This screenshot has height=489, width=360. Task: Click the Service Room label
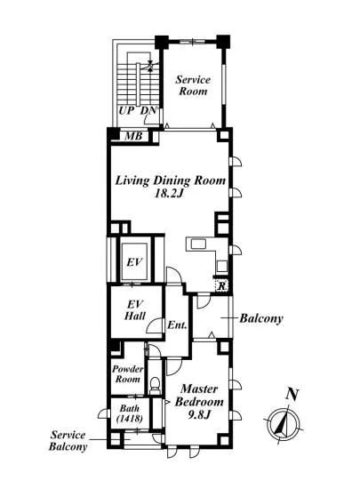click(193, 85)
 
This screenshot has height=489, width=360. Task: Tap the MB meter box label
click(133, 136)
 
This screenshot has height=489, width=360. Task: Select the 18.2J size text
click(169, 194)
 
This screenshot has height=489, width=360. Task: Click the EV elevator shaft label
click(134, 262)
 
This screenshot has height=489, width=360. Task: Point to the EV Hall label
click(135, 309)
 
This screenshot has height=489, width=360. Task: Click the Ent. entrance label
click(177, 325)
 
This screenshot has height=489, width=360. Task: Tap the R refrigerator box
click(221, 285)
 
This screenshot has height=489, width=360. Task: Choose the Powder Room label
click(128, 374)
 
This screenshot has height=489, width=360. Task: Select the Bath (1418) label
click(130, 413)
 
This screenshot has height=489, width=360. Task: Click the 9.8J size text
click(199, 415)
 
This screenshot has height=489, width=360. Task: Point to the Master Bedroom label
click(199, 395)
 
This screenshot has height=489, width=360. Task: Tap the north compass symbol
click(284, 424)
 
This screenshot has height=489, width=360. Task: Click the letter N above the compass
click(292, 395)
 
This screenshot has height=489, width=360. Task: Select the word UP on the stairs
click(126, 110)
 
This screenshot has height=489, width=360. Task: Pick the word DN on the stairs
click(148, 110)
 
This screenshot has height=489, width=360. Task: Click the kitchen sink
click(198, 244)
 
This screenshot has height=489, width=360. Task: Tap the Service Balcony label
click(68, 441)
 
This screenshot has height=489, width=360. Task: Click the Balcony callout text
click(261, 318)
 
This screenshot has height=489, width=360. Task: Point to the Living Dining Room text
click(171, 180)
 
